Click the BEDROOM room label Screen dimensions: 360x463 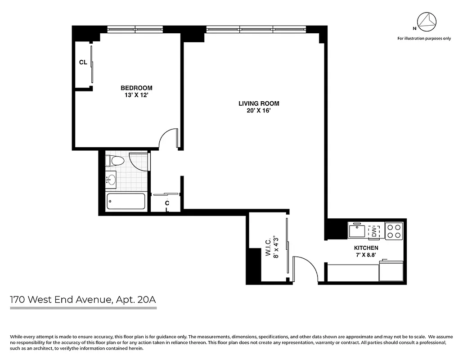[136, 88]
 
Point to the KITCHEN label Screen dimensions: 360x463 [366, 248]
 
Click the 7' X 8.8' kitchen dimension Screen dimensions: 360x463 [366, 255]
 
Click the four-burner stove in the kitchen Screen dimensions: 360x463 [394, 231]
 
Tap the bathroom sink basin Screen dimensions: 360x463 [111, 180]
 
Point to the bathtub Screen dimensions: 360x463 [126, 202]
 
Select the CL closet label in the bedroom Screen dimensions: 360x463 [83, 63]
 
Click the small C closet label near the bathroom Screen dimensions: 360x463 [167, 203]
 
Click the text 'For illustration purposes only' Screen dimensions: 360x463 [423, 39]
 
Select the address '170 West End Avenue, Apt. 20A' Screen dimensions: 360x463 [84, 299]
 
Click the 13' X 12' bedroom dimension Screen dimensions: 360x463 [136, 95]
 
